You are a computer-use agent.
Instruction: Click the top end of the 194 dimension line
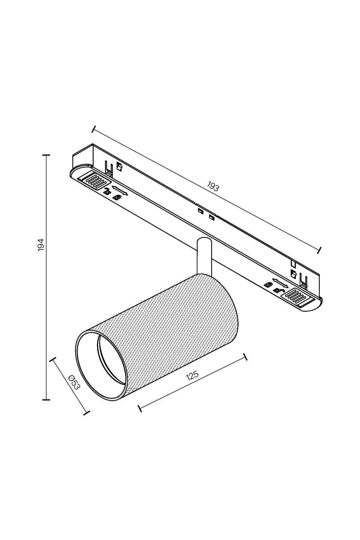(x=46, y=155)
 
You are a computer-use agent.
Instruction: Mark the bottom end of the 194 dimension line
(x=46, y=400)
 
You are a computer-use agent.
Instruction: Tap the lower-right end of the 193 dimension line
(x=320, y=250)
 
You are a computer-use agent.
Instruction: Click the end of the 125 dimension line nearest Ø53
(x=140, y=408)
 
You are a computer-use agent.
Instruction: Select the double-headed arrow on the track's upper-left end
(x=119, y=191)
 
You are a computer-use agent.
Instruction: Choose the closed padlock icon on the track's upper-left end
(x=116, y=197)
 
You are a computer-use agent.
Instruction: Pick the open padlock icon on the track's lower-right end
(x=278, y=290)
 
